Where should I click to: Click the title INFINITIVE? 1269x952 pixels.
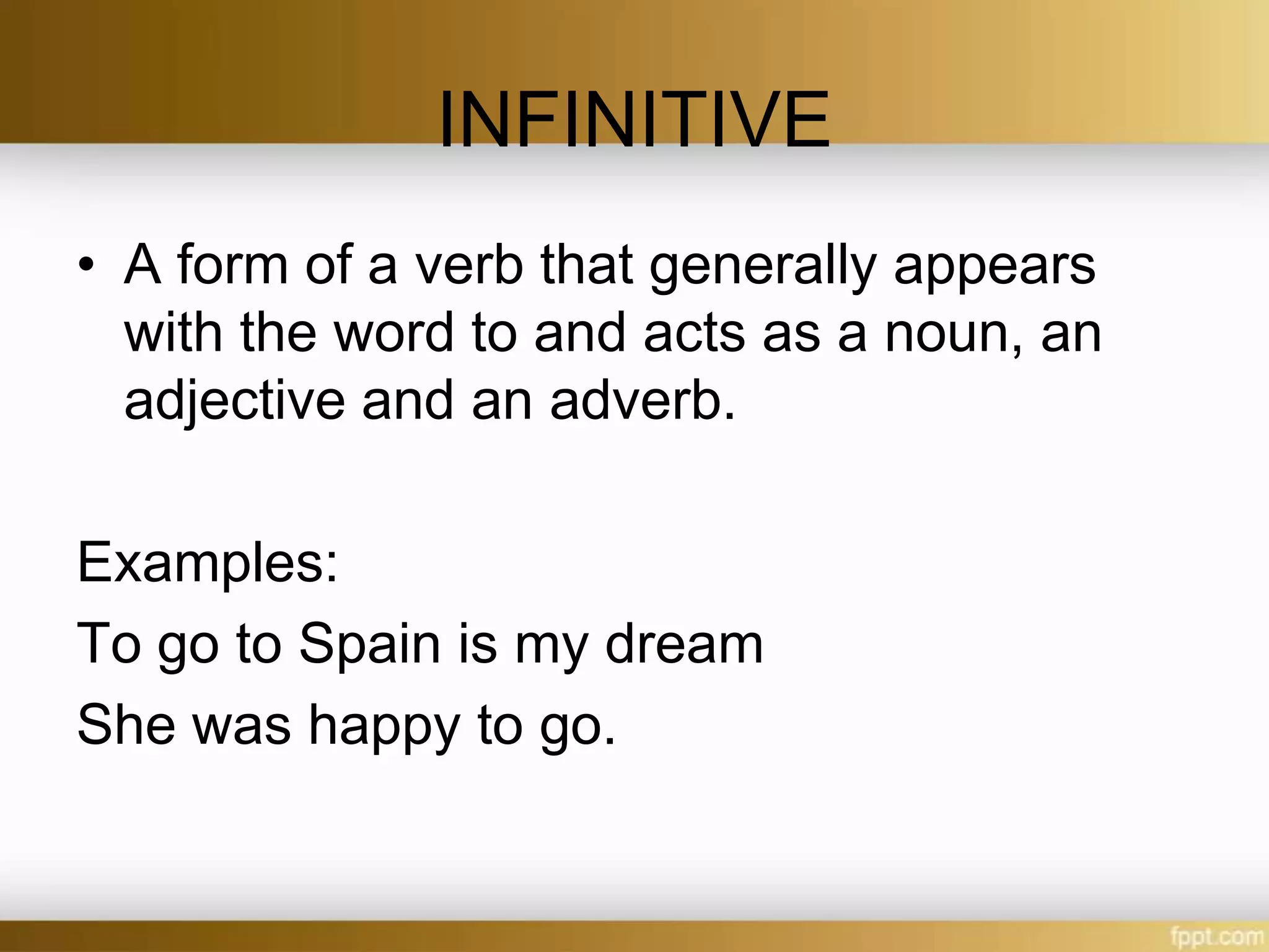(633, 120)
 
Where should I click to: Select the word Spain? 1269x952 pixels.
(369, 645)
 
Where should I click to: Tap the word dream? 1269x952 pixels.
(683, 645)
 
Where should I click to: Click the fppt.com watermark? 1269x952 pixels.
(1216, 935)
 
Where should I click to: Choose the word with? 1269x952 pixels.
(173, 333)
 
